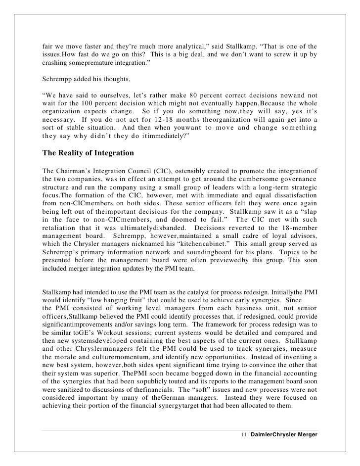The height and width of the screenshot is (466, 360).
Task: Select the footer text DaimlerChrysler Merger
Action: (x=284, y=433)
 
